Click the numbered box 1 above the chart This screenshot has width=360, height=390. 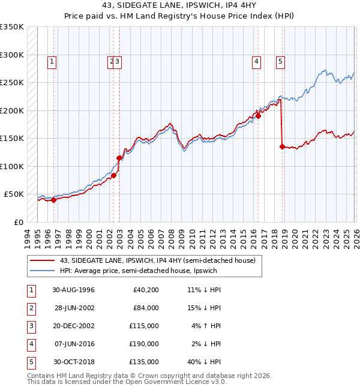click(x=52, y=61)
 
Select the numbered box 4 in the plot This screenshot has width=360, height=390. click(x=256, y=61)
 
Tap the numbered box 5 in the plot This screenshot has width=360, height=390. click(x=280, y=61)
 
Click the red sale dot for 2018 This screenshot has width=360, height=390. click(x=282, y=146)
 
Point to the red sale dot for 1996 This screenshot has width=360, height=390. click(x=53, y=200)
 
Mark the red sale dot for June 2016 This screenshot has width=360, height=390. click(x=258, y=116)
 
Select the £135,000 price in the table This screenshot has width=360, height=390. click(x=144, y=362)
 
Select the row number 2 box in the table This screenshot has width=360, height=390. click(x=29, y=308)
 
